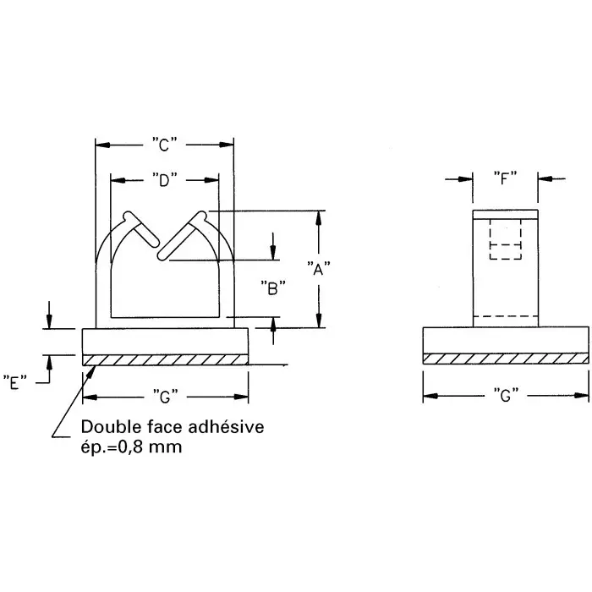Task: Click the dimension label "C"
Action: [165, 145]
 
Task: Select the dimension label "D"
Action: [165, 179]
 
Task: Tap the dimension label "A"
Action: [318, 270]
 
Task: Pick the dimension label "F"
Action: [505, 178]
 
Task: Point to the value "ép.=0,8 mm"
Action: [131, 447]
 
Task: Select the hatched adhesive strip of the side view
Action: [504, 359]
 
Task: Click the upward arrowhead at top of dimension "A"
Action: [318, 217]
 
